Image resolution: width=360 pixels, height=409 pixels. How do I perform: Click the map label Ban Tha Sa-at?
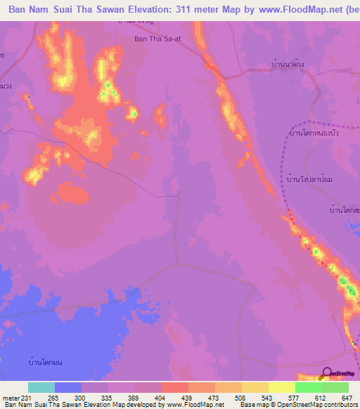tap(158, 39)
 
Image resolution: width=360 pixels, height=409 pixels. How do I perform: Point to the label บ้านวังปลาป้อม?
tap(309, 180)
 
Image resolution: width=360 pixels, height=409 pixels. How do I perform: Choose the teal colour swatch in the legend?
tap(41, 387)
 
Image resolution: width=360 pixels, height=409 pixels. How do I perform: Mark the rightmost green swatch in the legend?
tap(335, 387)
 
